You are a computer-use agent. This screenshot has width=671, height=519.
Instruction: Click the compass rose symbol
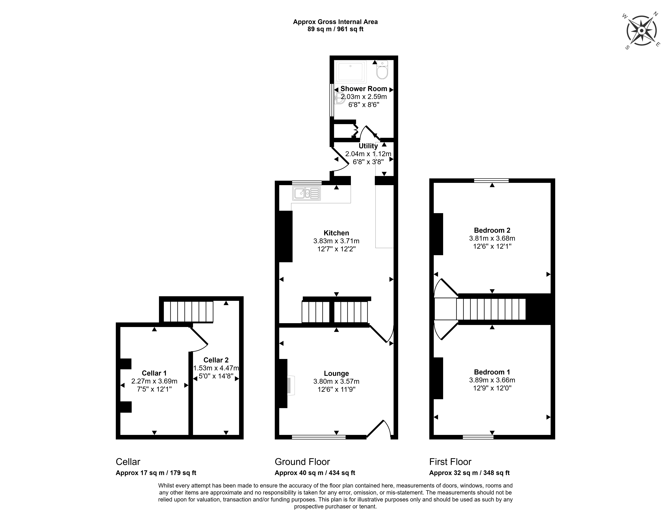point(642,31)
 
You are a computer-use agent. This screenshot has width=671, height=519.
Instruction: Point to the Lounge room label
point(336,374)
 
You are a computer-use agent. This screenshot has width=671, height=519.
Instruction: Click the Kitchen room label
point(336,233)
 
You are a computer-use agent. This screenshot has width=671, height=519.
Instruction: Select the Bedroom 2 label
point(492,230)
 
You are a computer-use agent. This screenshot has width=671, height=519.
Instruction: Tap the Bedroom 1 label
point(492,372)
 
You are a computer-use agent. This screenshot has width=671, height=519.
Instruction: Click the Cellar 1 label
point(154,373)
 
